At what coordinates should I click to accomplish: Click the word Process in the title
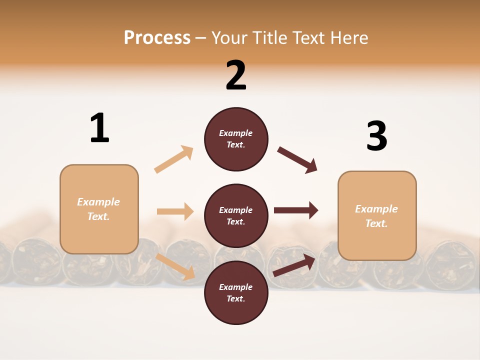157,38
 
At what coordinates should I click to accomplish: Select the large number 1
99,128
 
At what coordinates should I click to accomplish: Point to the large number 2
236,75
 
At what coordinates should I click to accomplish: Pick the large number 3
376,136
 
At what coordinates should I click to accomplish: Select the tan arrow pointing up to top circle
174,159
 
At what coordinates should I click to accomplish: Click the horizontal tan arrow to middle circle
175,211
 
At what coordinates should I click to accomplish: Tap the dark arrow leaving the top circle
297,160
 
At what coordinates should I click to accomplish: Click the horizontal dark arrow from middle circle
296,210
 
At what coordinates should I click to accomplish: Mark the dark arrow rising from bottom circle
294,265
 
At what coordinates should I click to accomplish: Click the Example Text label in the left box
98,209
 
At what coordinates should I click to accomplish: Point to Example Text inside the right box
376,216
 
